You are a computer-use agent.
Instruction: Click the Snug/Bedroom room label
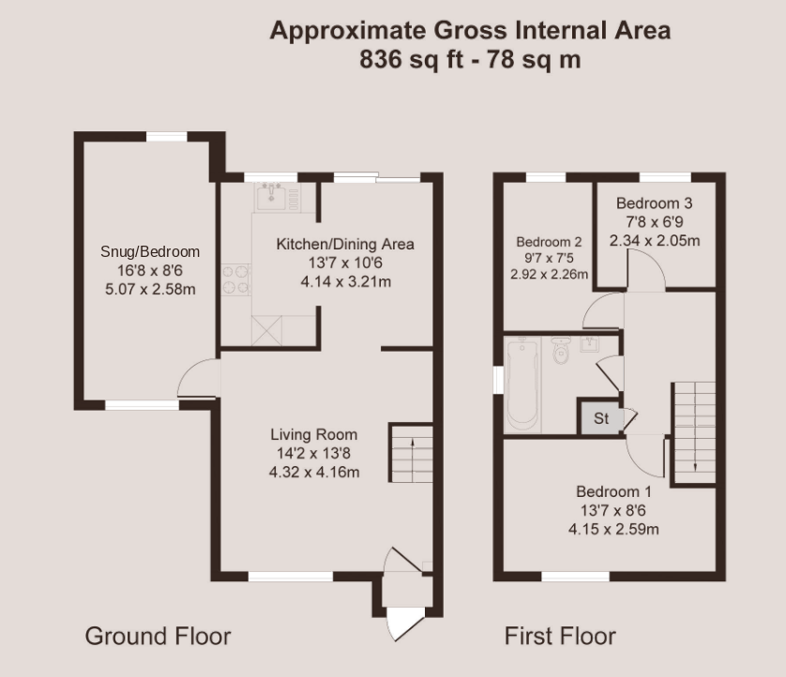click(x=150, y=251)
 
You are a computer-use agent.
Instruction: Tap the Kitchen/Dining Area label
click(x=345, y=244)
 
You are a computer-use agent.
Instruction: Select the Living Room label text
click(x=314, y=434)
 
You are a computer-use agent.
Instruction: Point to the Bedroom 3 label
click(x=654, y=203)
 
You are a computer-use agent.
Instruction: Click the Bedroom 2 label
click(x=549, y=242)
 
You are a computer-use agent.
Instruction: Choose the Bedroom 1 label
click(x=613, y=491)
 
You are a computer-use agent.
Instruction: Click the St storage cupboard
click(x=600, y=417)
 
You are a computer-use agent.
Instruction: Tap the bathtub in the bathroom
click(x=521, y=384)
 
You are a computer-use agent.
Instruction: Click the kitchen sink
click(x=272, y=197)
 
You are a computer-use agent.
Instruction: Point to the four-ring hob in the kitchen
click(x=235, y=279)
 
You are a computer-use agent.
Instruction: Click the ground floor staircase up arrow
click(x=412, y=455)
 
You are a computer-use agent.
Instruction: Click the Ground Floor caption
click(x=158, y=637)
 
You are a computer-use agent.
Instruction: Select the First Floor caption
click(x=560, y=637)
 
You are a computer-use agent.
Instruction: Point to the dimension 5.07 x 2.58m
click(x=150, y=289)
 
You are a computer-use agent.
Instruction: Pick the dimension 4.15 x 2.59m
click(x=613, y=529)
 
